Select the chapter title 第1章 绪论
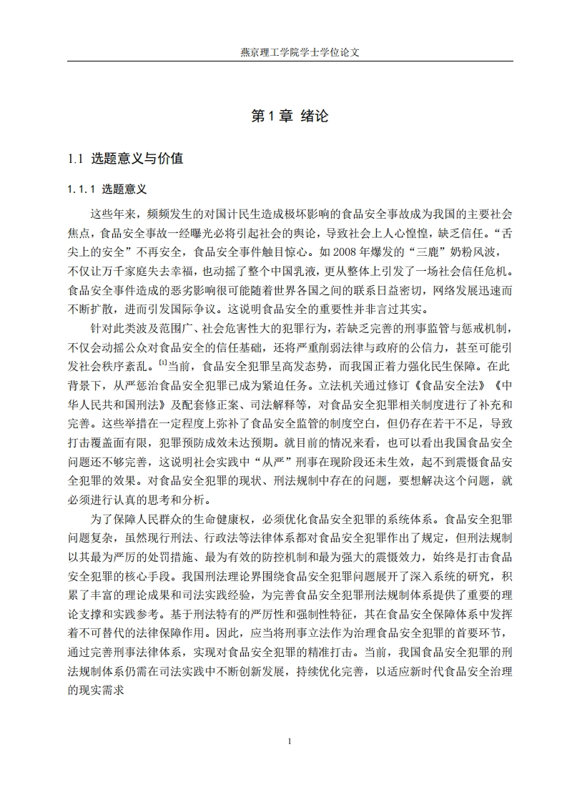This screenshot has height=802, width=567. [x=290, y=117]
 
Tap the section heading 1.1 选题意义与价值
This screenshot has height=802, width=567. [x=125, y=159]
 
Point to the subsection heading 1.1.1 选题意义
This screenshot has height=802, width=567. [x=107, y=189]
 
